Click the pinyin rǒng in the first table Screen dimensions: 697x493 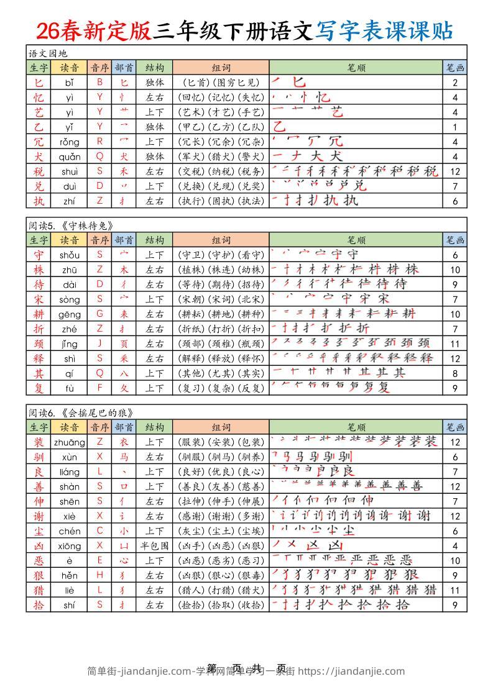point(70,142)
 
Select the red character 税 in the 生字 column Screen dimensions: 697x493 point(39,171)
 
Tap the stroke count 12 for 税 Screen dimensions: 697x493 point(455,171)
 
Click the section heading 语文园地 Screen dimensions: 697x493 point(47,53)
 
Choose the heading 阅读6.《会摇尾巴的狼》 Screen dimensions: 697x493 point(81,412)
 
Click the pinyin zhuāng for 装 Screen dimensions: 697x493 point(70,442)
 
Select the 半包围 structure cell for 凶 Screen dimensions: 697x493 point(154,546)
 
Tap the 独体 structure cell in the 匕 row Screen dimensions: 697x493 point(154,83)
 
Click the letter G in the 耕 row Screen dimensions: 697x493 point(99,314)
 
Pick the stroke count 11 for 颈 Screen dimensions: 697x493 point(455,344)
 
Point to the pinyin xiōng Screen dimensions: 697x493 point(70,546)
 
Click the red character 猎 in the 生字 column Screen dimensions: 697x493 point(39,590)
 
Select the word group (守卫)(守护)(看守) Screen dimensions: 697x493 point(221,255)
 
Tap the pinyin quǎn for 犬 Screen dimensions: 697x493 point(70,157)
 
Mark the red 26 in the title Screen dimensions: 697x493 point(48,30)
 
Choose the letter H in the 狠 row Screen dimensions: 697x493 point(99,575)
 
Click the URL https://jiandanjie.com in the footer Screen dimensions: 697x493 point(351,671)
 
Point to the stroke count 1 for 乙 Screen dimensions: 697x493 point(455,127)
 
